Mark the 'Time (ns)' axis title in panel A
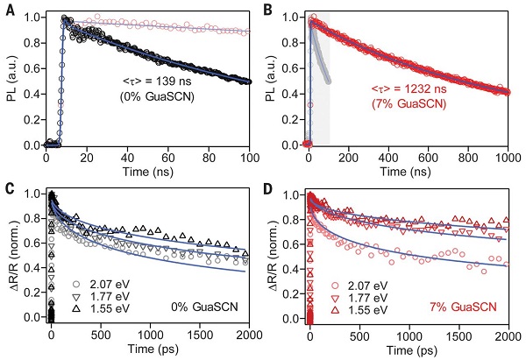click(x=147, y=173)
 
